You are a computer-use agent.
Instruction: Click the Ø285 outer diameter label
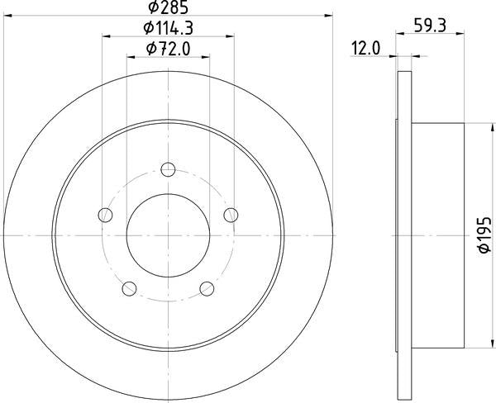point(168,7)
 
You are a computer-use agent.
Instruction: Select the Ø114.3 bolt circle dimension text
point(168,28)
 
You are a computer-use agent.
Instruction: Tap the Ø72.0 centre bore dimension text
point(169,49)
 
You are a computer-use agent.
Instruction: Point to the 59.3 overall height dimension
point(430,26)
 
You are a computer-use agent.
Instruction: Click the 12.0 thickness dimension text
point(366,49)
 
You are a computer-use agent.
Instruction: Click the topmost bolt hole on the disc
point(168,169)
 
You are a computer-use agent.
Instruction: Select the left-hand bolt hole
point(105,215)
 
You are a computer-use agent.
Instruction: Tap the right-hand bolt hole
point(231,215)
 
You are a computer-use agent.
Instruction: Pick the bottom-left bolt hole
point(129,288)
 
